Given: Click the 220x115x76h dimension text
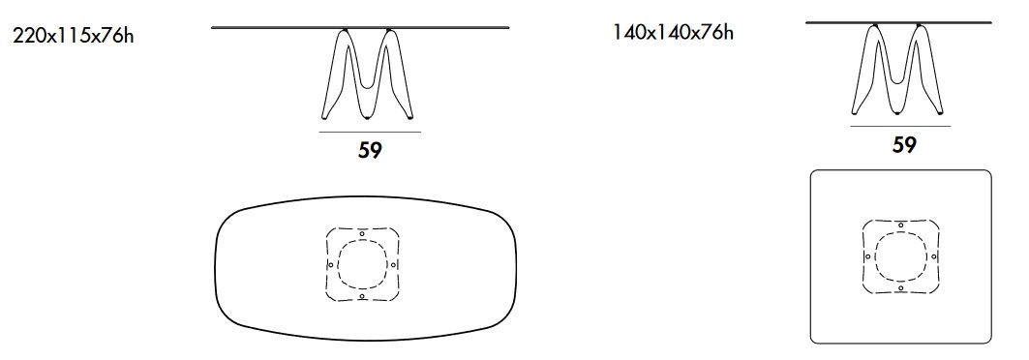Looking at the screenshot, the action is pos(73,36).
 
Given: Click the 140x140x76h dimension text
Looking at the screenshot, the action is pos(673,32).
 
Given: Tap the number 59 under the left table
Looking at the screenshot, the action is pos(370,150).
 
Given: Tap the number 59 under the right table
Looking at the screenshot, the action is pos(904,145).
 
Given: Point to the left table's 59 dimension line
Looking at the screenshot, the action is pos(370,133).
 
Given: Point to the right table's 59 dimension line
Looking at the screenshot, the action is pos(900,127).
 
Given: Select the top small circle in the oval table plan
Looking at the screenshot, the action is pos(362,233).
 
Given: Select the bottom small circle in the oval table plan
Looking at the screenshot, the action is pos(362,296).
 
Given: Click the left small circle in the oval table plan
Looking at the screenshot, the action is pos(331,265).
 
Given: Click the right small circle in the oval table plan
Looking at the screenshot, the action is pos(393,265).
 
